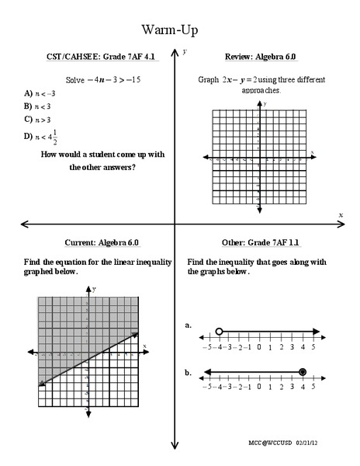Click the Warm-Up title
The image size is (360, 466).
169,30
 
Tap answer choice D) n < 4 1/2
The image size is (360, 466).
41,137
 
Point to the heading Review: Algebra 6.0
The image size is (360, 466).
261,57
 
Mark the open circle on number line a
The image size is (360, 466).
220,332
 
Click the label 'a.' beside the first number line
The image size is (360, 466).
189,326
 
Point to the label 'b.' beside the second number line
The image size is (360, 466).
189,373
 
